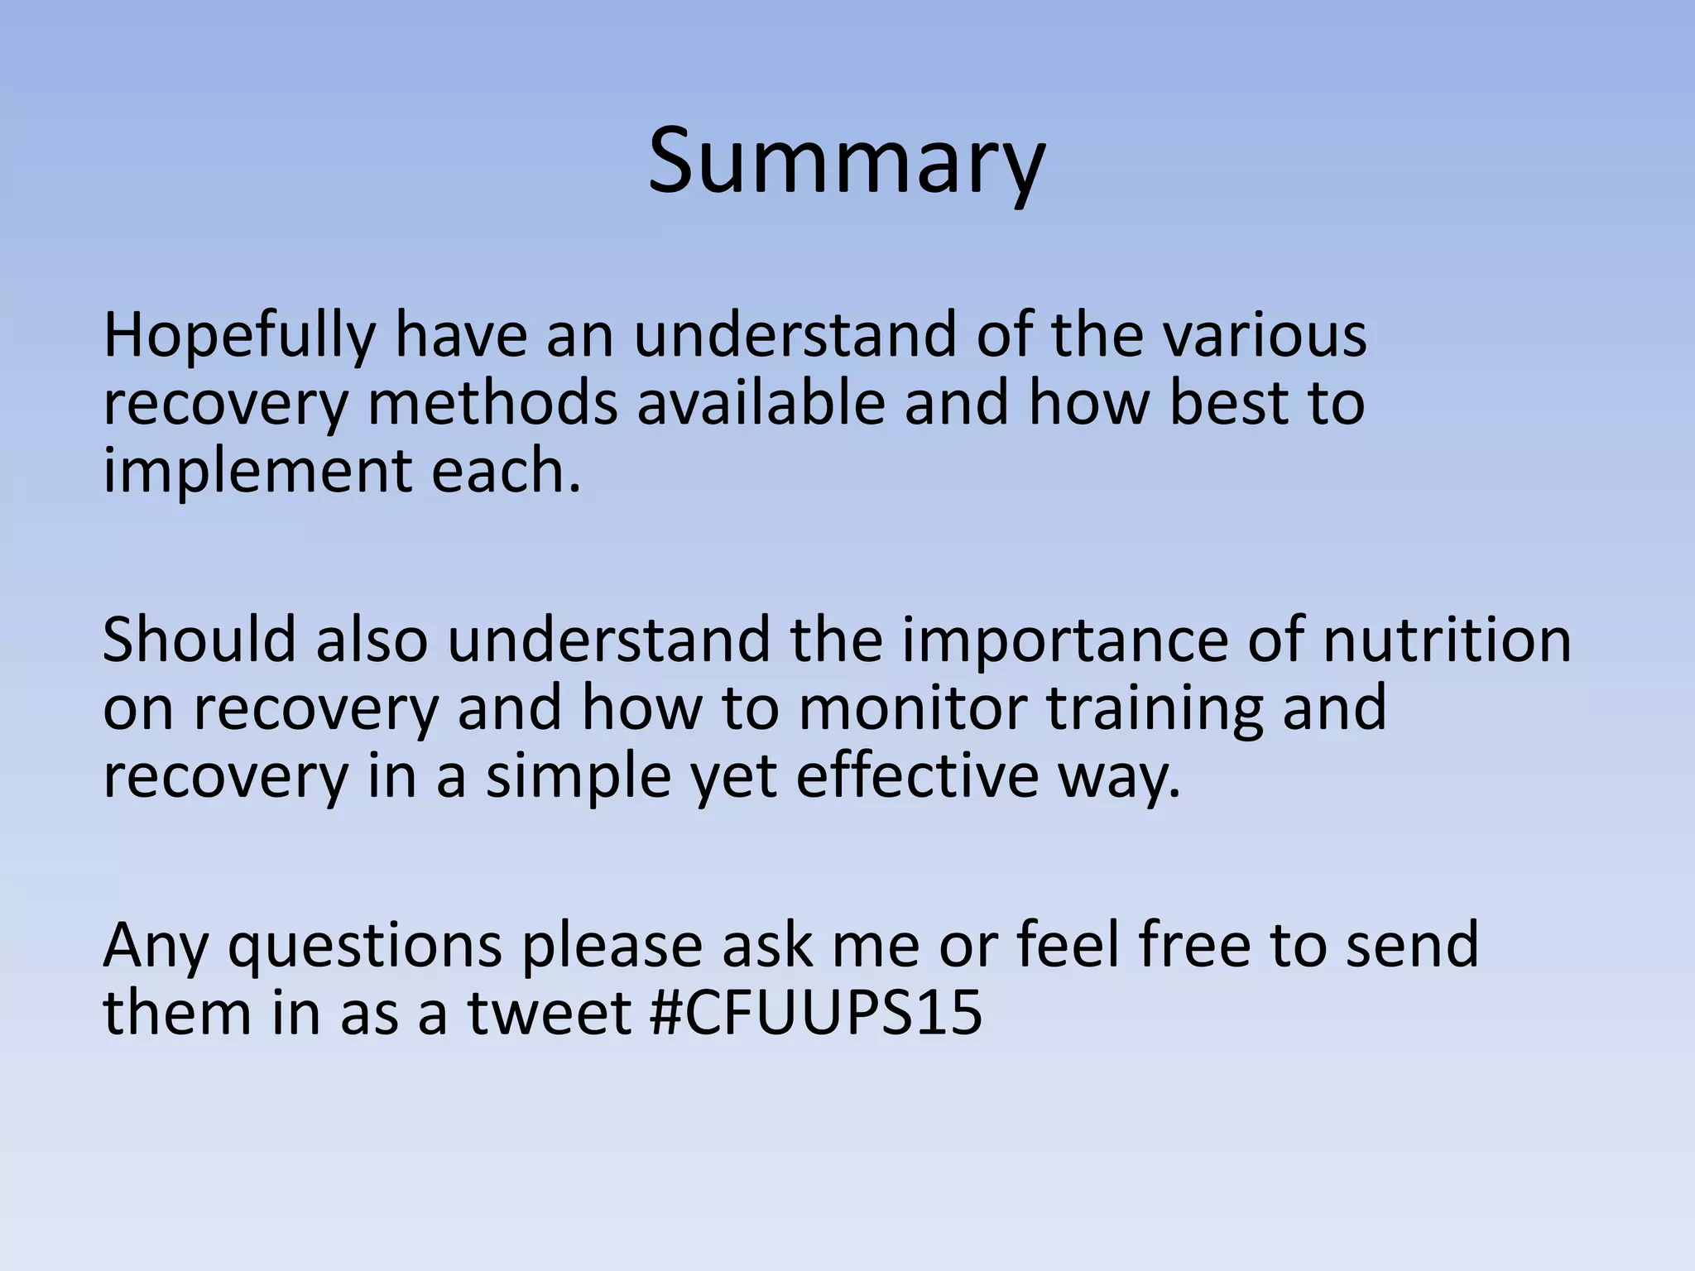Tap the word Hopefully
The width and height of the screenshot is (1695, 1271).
pyautogui.click(x=238, y=337)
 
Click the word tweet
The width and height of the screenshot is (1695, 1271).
pyautogui.click(x=550, y=1013)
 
